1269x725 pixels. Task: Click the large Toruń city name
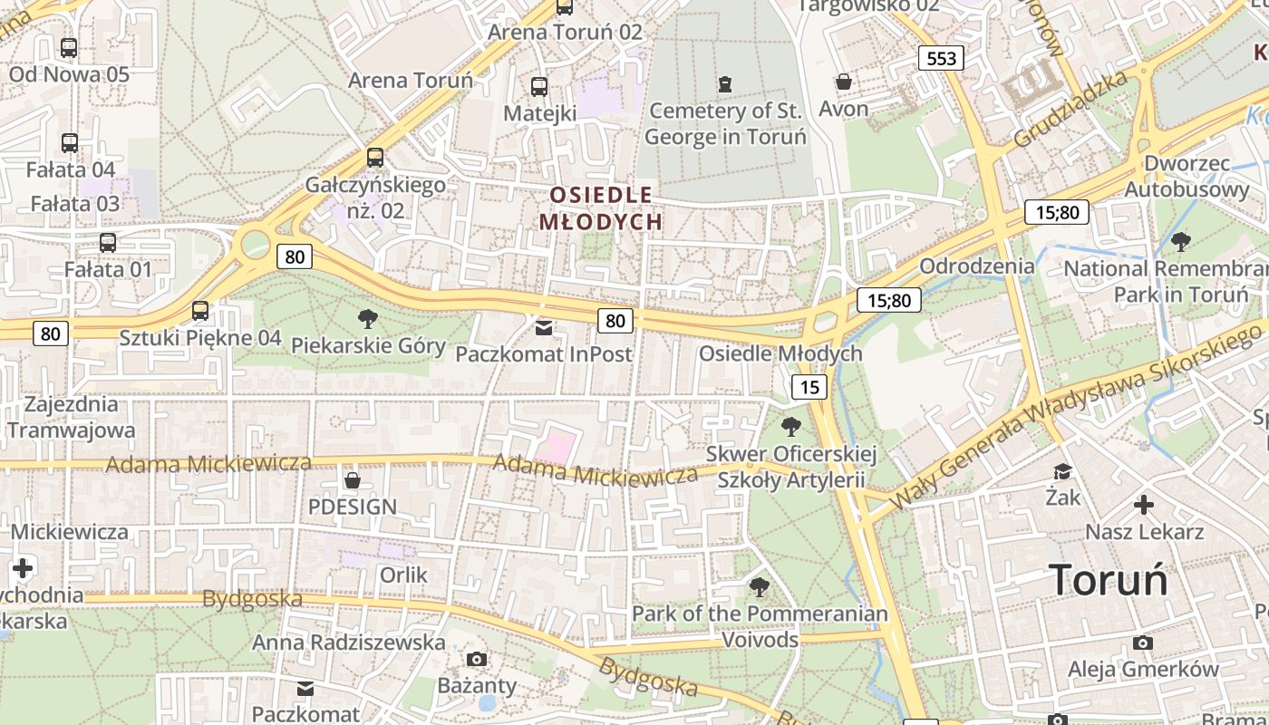[x=1109, y=580]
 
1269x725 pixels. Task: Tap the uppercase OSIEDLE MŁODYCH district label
[x=601, y=208]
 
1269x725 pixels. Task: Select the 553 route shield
[x=942, y=59]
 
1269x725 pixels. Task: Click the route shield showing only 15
[x=809, y=388]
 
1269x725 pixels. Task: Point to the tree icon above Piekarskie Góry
[x=368, y=318]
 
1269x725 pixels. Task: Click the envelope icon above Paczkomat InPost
[x=543, y=327]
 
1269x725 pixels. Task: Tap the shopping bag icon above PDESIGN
[x=353, y=479]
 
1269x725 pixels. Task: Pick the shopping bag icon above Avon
[x=844, y=82]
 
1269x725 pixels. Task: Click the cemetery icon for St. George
[x=724, y=84]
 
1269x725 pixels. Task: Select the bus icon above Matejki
[x=539, y=87]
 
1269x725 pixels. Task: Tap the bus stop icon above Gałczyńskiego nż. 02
[x=375, y=158]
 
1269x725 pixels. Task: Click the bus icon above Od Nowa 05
[x=69, y=48]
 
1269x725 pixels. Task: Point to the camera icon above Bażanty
[x=477, y=659]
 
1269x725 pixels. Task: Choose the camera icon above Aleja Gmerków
[x=1143, y=643]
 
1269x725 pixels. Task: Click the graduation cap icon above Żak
[x=1062, y=471]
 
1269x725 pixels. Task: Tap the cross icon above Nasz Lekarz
[x=1144, y=505]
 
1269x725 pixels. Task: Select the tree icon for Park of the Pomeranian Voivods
[x=760, y=587]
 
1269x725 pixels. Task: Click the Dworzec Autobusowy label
[x=1187, y=177]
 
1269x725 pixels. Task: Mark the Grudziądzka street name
[x=1070, y=110]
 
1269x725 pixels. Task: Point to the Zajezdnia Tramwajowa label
[x=72, y=417]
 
